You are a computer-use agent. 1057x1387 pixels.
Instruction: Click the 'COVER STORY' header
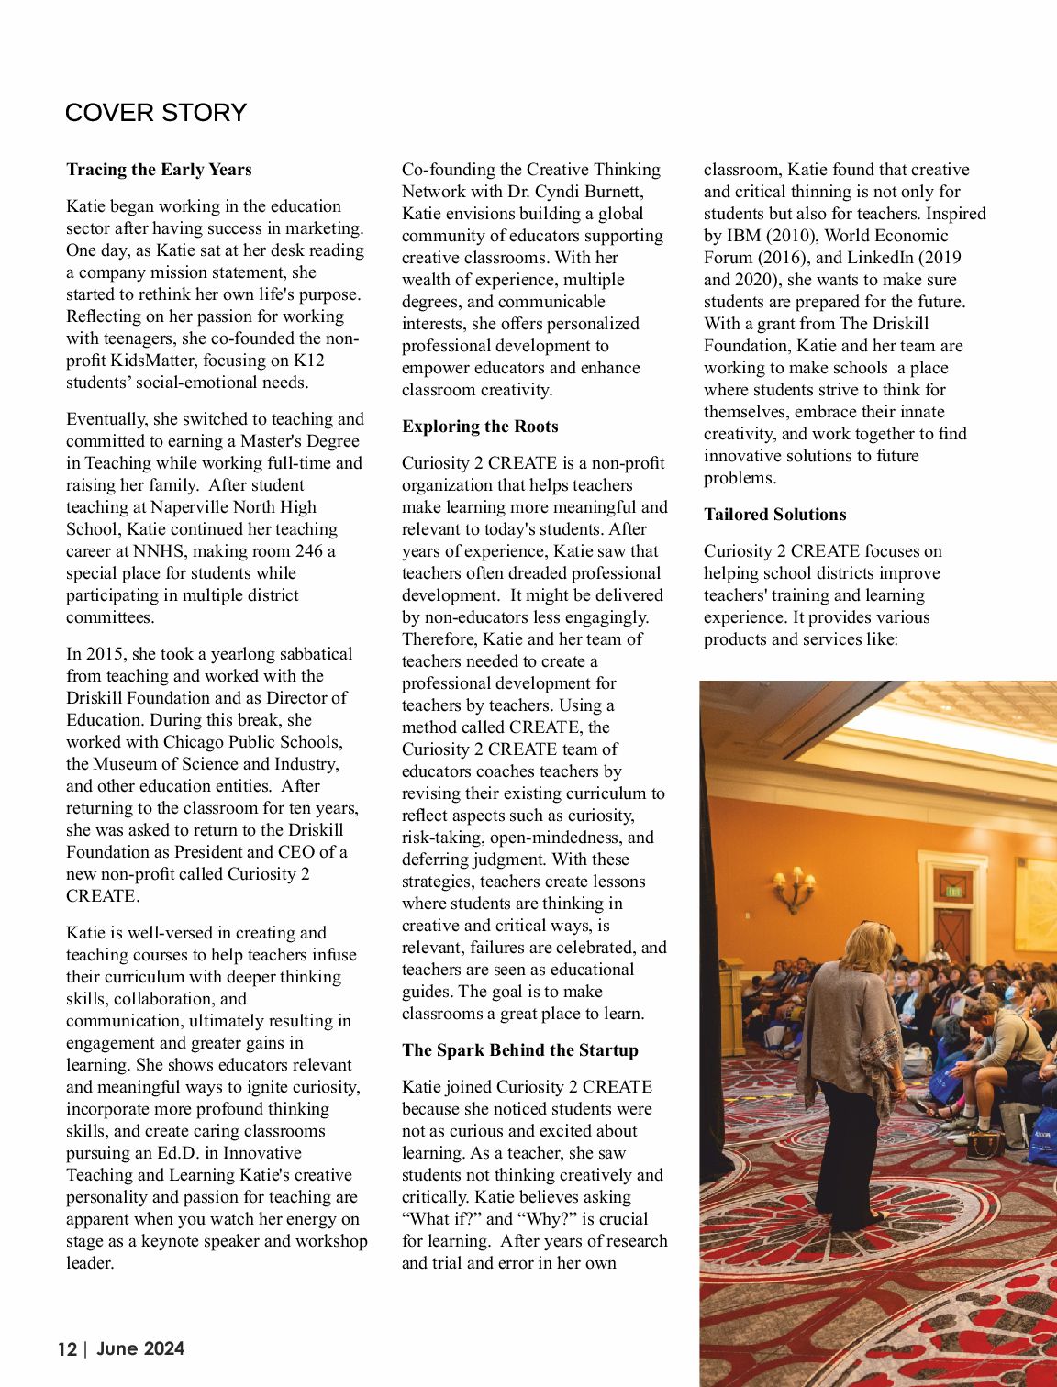[x=156, y=113]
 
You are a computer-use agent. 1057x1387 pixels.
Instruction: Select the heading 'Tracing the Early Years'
[x=159, y=170]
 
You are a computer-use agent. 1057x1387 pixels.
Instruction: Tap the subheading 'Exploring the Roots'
[x=480, y=427]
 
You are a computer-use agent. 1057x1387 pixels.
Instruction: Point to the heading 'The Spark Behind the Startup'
[x=519, y=1050]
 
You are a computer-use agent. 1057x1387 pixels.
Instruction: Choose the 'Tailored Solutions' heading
[x=774, y=515]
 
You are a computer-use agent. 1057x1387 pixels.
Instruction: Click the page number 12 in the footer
[x=67, y=1349]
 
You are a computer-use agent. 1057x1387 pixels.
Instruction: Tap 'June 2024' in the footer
[x=140, y=1348]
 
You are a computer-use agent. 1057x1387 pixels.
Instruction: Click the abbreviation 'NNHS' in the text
[x=160, y=551]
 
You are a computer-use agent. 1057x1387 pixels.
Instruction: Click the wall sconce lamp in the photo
[x=794, y=889]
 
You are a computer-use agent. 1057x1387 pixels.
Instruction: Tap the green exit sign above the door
[x=954, y=890]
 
